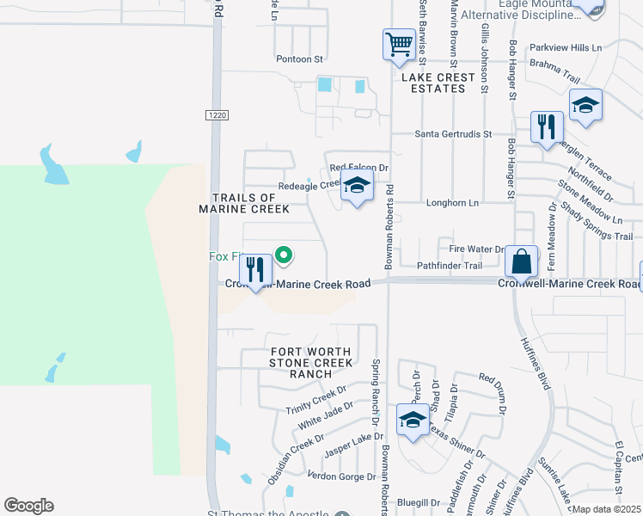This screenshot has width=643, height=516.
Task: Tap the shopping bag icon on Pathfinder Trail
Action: (521, 260)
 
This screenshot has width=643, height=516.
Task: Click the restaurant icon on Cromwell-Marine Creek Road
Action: (255, 271)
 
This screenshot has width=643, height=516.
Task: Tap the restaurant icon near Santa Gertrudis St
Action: (547, 127)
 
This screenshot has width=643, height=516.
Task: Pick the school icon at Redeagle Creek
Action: (358, 186)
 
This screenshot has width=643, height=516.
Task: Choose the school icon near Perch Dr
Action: (413, 421)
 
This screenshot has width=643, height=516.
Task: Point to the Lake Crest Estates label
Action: (438, 83)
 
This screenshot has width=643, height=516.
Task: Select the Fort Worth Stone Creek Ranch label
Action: (310, 363)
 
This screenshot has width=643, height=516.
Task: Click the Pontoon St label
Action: (298, 59)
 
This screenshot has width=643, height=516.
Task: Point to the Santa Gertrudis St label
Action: (452, 134)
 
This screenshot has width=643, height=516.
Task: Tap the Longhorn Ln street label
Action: (452, 203)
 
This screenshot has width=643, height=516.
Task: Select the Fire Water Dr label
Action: (477, 249)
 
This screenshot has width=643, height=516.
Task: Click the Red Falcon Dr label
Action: (359, 168)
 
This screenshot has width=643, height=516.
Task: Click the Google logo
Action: (28, 506)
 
